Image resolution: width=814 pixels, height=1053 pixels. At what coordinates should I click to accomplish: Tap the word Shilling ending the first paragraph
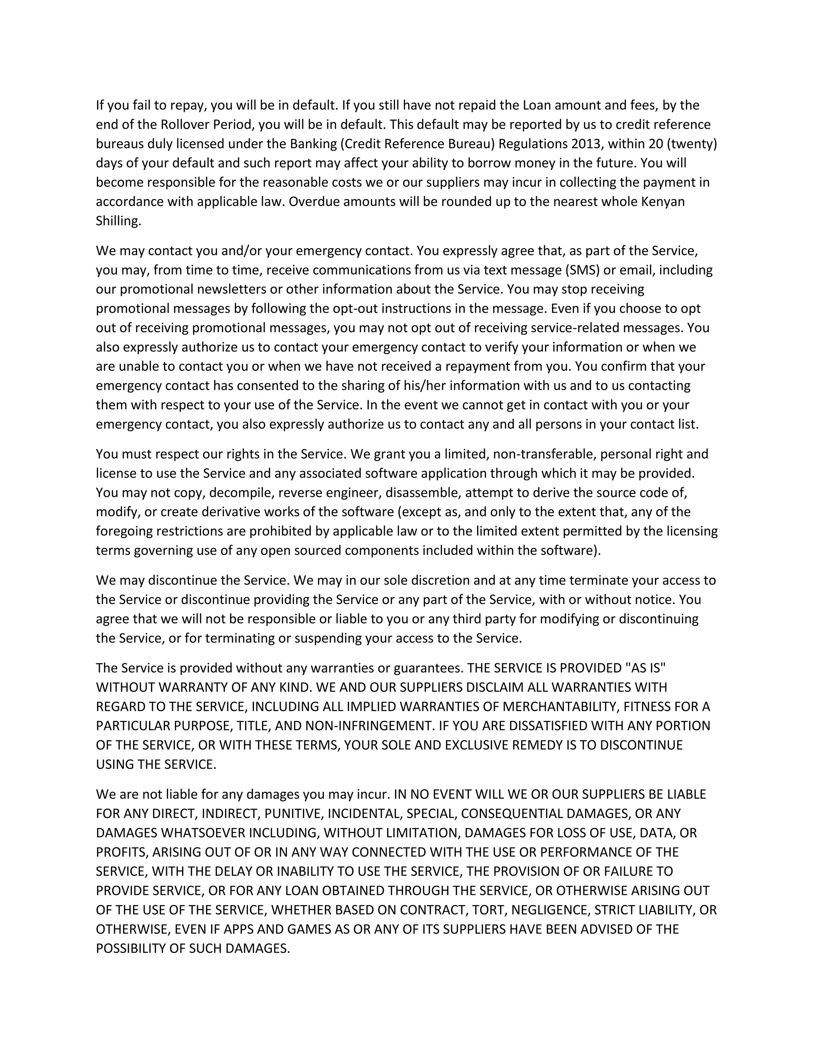pos(118,221)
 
